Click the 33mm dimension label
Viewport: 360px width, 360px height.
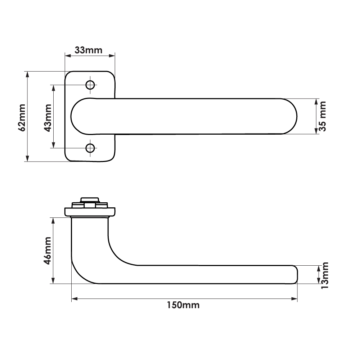coord(88,50)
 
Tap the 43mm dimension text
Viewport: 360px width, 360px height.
coord(48,117)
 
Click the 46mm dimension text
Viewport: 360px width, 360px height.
coord(48,251)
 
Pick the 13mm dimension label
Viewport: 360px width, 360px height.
coord(325,275)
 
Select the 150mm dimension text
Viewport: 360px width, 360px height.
coord(183,306)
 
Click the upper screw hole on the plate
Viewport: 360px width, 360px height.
coord(90,85)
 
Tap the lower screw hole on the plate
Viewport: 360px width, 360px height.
coord(90,148)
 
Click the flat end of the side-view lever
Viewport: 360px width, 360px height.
coord(296,275)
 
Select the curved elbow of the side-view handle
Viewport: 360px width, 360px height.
coord(86,268)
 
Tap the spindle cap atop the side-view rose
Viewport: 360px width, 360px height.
coord(90,199)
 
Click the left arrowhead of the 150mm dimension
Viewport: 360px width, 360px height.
coord(74,299)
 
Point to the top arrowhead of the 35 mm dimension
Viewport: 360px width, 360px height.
coord(317,101)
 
